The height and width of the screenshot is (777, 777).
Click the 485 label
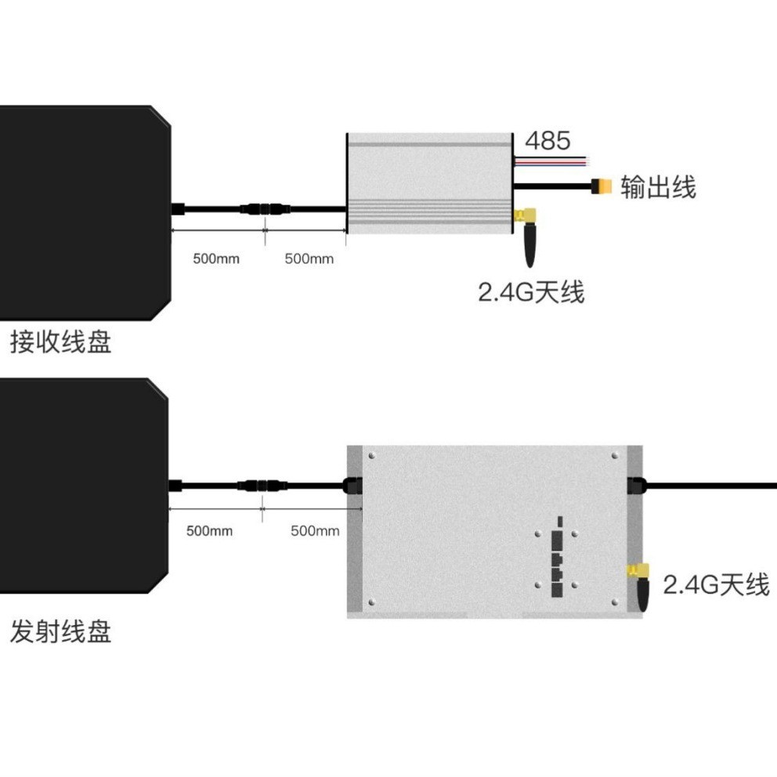point(548,142)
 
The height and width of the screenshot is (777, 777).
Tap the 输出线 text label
point(658,187)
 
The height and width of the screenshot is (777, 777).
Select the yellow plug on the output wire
point(601,187)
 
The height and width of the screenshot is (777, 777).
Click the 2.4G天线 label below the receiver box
point(531,293)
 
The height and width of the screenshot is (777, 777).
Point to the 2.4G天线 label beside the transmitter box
point(716,584)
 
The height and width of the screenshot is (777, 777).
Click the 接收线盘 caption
point(60,343)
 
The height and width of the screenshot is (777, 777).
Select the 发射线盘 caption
point(60,631)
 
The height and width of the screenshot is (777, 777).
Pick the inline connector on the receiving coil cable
point(266,209)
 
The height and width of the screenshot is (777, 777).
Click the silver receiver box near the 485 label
point(428,183)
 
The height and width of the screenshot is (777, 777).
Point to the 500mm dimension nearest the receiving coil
point(216,258)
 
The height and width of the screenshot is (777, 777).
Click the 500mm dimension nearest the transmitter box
point(315,531)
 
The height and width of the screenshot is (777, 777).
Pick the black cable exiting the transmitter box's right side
point(713,486)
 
